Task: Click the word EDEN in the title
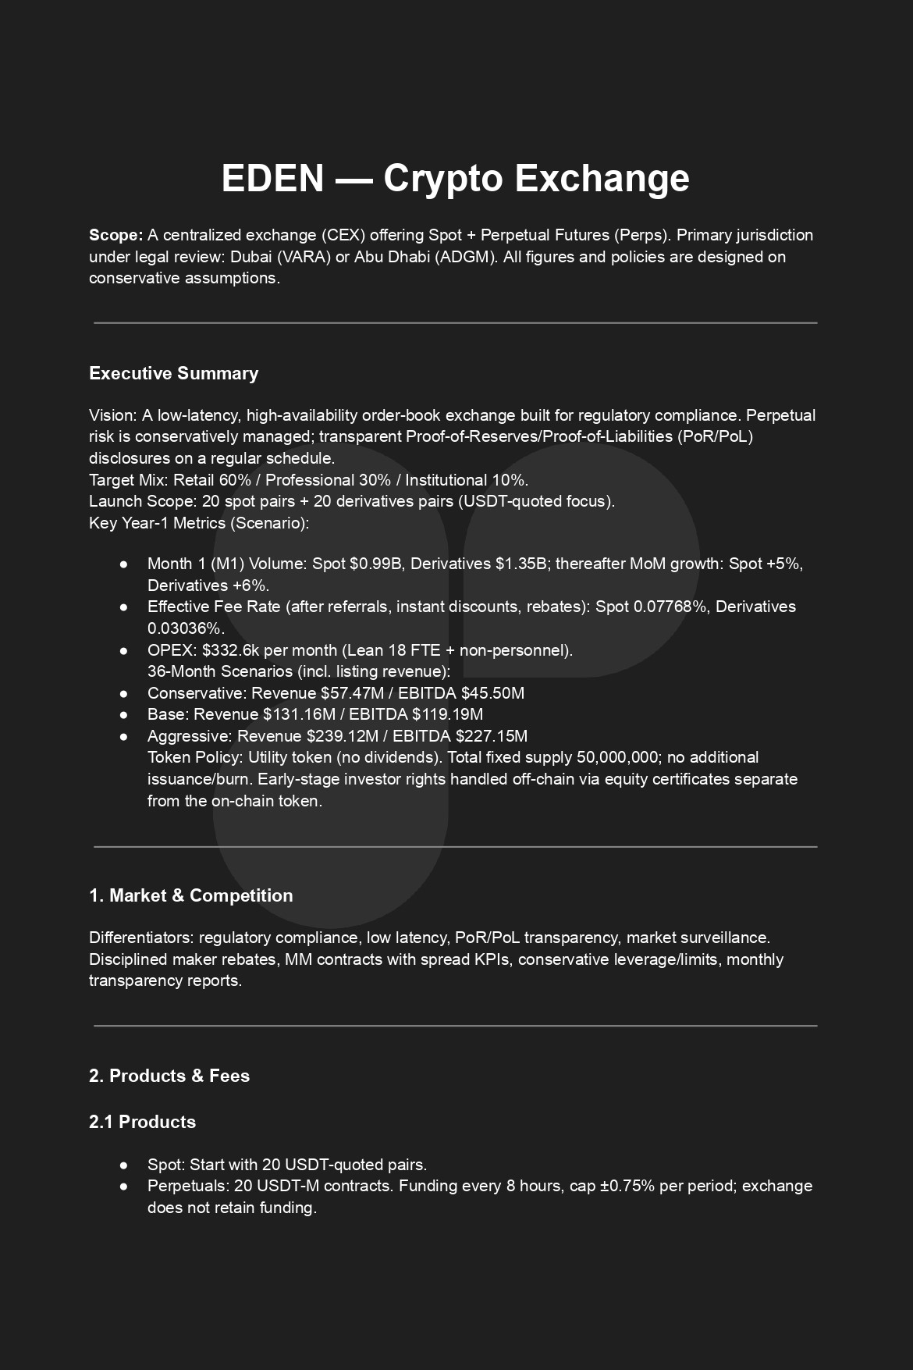pyautogui.click(x=272, y=178)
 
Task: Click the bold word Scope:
pyautogui.click(x=115, y=235)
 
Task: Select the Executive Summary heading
pyautogui.click(x=173, y=373)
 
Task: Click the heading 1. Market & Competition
pyautogui.click(x=191, y=895)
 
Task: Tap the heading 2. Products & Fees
pyautogui.click(x=169, y=1076)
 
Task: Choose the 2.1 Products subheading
pyautogui.click(x=142, y=1122)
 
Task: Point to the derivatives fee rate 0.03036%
pyautogui.click(x=186, y=628)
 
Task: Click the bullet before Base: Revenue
pyautogui.click(x=124, y=714)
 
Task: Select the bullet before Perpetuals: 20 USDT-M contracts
pyautogui.click(x=124, y=1186)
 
